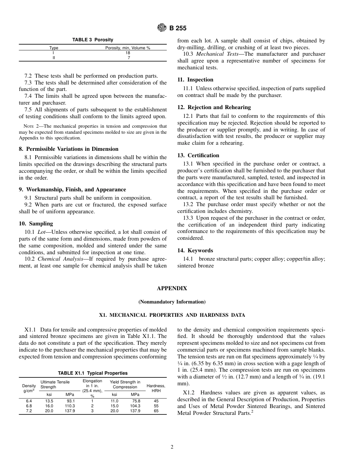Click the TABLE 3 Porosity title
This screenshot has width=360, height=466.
click(92, 40)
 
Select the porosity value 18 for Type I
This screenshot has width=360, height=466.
click(128, 53)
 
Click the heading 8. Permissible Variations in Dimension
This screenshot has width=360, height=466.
click(69, 149)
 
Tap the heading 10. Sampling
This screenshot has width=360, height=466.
click(36, 224)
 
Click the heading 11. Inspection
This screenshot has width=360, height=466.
click(195, 80)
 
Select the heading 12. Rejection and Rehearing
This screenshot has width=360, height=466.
click(214, 107)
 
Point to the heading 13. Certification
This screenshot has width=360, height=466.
click(198, 155)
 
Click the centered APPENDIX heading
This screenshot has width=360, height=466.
click(172, 288)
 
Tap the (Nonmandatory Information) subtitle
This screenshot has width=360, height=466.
click(172, 302)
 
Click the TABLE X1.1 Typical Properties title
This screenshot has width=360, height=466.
click(92, 373)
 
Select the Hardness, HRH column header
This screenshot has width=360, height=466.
click(156, 388)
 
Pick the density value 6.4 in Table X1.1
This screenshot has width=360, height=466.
click(29, 401)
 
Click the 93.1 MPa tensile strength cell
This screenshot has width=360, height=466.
click(70, 401)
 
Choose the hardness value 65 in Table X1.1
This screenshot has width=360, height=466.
click(156, 411)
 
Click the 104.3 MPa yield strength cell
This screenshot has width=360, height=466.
click(135, 406)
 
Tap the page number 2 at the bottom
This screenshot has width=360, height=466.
click(172, 447)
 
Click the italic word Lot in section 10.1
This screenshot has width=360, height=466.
click(41, 232)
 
